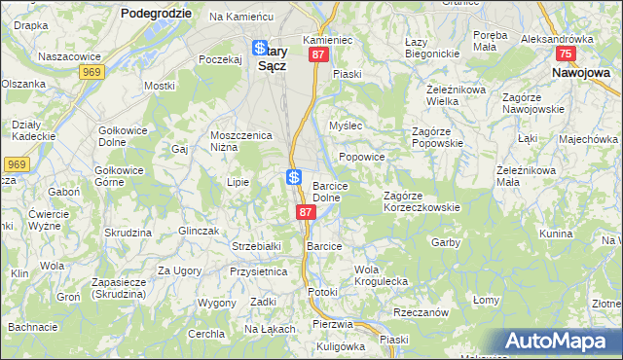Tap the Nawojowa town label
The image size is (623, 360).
[581, 72]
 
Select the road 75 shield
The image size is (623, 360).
[566, 54]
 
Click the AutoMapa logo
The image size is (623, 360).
[560, 342]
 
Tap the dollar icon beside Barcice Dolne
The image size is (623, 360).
[294, 177]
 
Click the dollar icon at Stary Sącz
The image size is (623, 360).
[260, 48]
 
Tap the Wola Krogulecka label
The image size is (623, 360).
[381, 275]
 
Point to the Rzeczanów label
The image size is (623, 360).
[421, 312]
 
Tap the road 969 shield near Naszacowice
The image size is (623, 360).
[92, 72]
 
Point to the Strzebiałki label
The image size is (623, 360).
[256, 246]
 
